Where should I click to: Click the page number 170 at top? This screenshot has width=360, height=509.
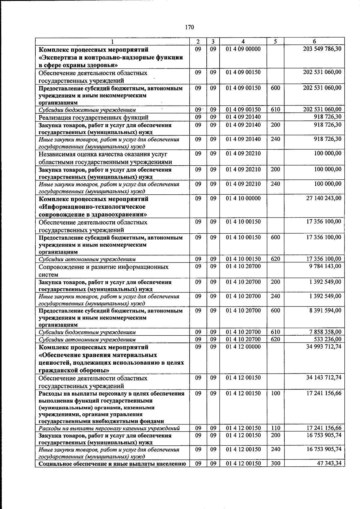(189, 27)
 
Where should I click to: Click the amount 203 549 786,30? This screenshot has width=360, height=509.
(322, 49)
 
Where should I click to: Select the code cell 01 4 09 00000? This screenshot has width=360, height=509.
(243, 49)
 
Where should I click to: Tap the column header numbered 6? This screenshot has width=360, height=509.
(314, 41)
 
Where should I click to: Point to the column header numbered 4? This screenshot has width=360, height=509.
(243, 41)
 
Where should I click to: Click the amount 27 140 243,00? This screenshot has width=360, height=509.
(323, 198)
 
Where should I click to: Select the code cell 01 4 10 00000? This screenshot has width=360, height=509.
(243, 198)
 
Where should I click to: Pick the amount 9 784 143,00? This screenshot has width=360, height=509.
(325, 266)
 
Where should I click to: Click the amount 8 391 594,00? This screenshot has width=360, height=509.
(325, 310)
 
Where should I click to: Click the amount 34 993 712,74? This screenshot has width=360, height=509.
(323, 346)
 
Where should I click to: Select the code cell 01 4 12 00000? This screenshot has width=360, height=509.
(243, 346)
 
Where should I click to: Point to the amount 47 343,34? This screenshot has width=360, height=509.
(329, 463)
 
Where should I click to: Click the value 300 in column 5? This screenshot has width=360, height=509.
(275, 463)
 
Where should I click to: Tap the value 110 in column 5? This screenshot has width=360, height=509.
(275, 428)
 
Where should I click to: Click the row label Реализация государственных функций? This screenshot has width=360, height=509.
(93, 118)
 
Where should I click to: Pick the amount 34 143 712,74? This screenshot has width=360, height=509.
(323, 378)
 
